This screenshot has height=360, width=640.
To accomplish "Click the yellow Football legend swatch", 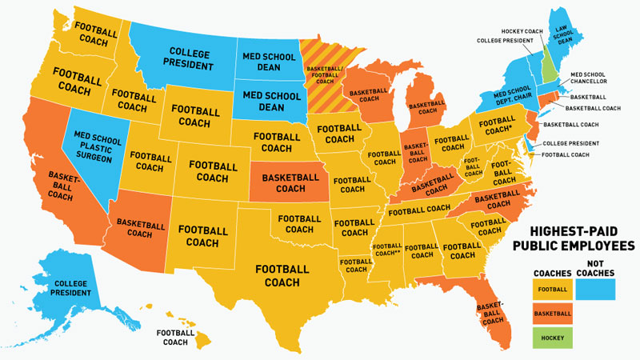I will point(553,290).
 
